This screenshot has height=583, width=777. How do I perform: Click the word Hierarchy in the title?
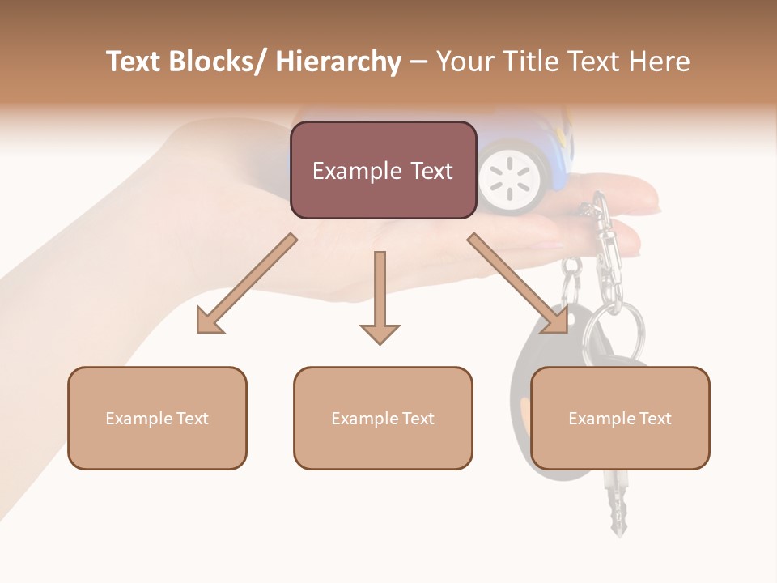click(x=338, y=62)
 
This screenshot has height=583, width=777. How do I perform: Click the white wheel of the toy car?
click(x=509, y=174)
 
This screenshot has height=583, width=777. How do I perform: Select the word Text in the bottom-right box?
click(x=655, y=419)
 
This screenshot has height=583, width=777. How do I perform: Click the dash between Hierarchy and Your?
click(x=418, y=62)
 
